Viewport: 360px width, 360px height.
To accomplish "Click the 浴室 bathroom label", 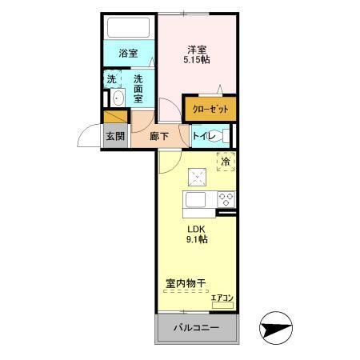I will coord(127,54).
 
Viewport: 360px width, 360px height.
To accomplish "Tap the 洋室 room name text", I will coord(196,48).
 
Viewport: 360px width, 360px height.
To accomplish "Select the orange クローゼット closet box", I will coord(210,108).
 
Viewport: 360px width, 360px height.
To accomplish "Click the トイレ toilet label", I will coord(204,136).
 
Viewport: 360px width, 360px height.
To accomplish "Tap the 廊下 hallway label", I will coord(159,136).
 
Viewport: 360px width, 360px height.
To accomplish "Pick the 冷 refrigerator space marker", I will coord(225,161).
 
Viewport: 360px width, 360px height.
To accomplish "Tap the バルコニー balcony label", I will coord(196,328).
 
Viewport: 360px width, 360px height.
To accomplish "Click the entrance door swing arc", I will coord(90,137).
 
